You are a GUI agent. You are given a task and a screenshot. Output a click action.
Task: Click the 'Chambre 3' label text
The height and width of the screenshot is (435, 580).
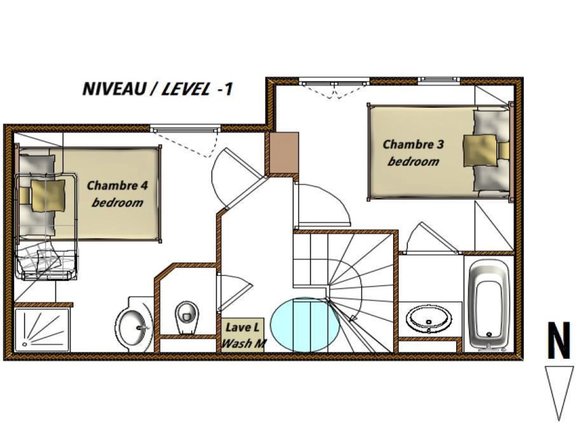[x=413, y=145]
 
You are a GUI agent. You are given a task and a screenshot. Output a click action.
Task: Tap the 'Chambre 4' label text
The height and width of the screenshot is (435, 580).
[x=117, y=186]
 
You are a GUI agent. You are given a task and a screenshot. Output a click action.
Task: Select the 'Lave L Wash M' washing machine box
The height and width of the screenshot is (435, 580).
[x=243, y=335]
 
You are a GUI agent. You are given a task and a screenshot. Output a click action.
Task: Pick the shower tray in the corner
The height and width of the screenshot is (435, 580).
[x=42, y=330]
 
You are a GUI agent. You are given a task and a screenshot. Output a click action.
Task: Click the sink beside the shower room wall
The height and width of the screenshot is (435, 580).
[x=134, y=325]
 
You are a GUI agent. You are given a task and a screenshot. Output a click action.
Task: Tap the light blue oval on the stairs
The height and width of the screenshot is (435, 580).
[x=305, y=325]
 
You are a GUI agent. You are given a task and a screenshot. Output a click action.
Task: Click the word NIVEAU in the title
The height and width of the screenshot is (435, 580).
[x=114, y=89]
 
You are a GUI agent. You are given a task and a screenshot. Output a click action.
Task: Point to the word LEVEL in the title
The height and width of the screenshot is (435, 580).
[x=186, y=89]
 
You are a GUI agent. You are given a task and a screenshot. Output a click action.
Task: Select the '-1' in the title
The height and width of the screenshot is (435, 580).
[x=225, y=89]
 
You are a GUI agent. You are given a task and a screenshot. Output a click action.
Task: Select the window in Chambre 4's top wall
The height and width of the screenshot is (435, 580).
[x=185, y=129]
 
